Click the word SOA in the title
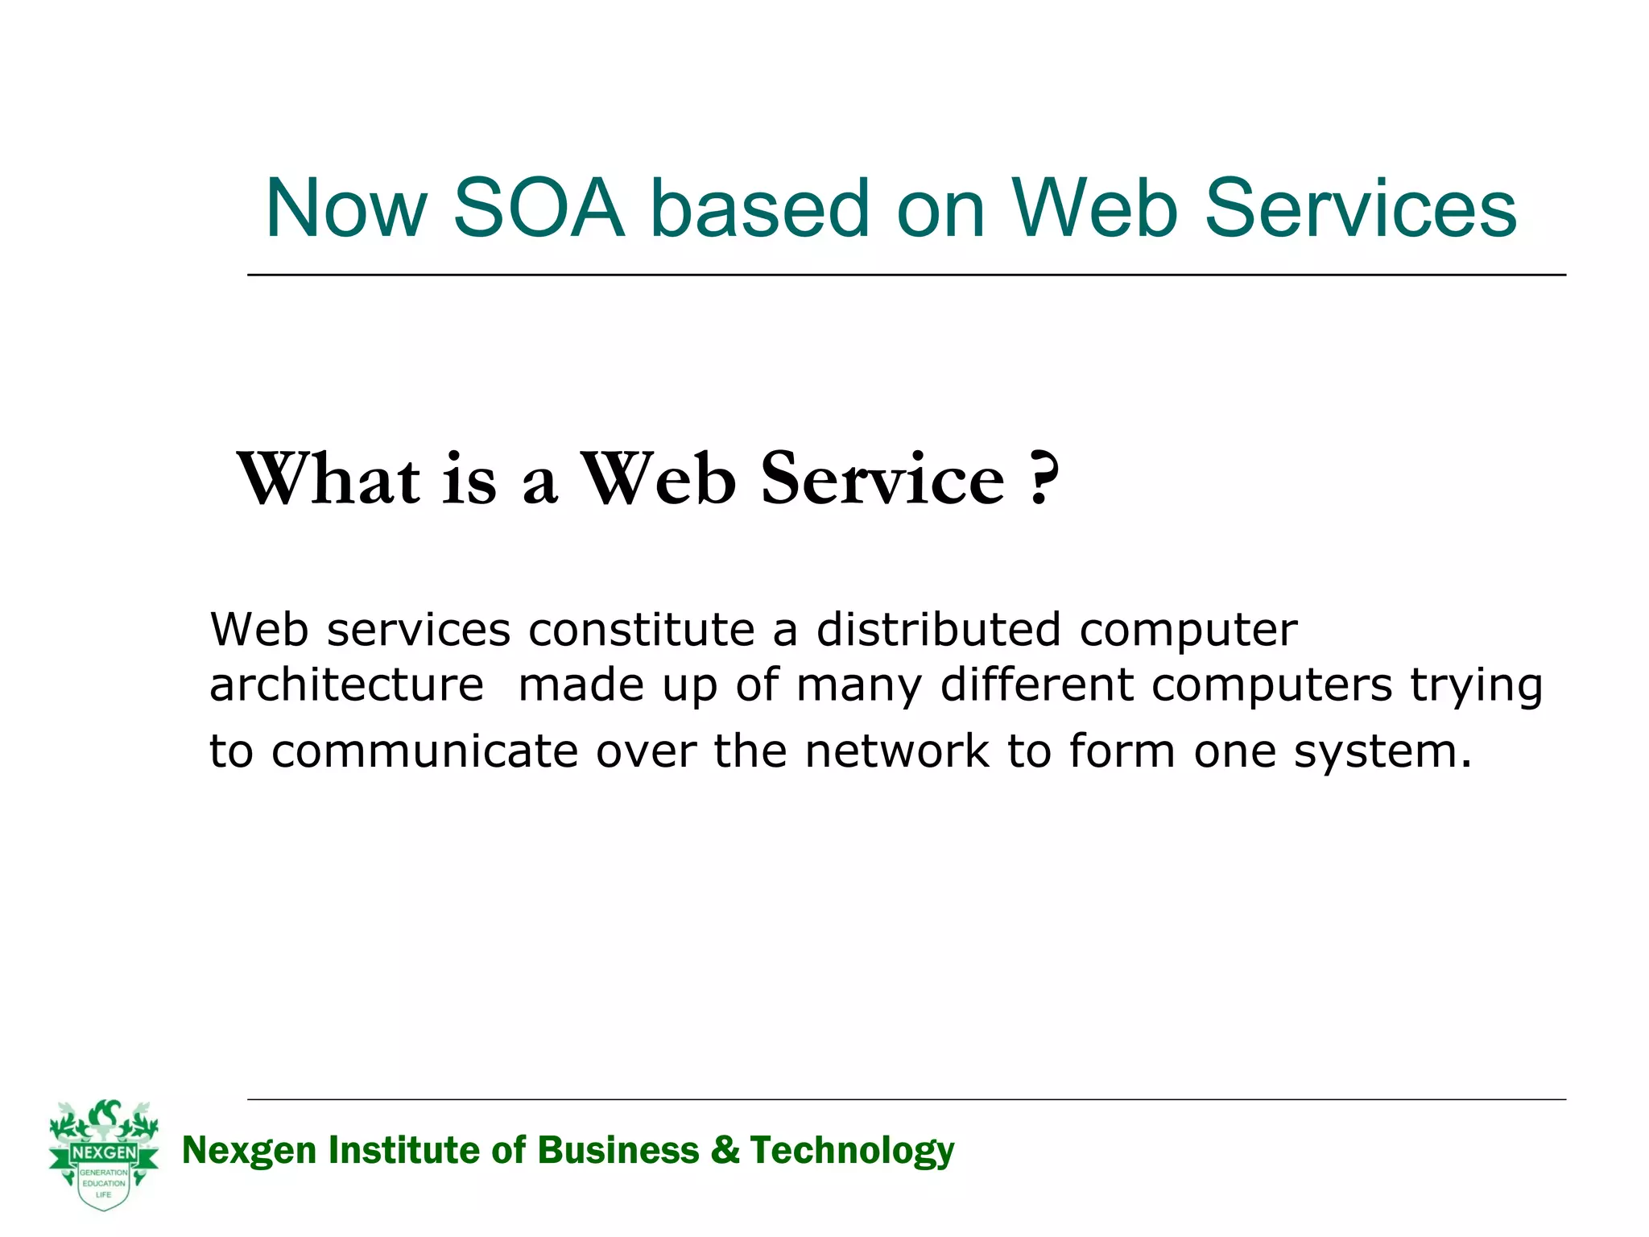click(539, 209)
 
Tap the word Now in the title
click(346, 209)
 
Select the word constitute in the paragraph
click(641, 629)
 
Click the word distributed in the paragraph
click(938, 629)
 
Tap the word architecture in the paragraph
click(346, 685)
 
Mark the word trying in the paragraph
click(1476, 687)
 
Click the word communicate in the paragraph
click(425, 751)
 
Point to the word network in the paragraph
click(897, 751)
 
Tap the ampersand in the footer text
click(725, 1150)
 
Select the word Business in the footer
click(618, 1150)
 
